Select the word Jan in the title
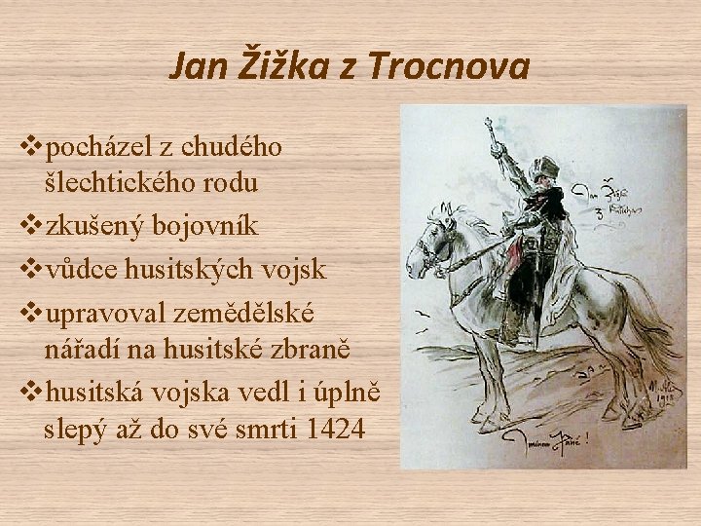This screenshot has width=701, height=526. tap(194, 66)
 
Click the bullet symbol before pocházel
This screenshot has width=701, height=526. tap(30, 148)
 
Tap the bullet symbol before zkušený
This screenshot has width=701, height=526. tap(30, 226)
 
